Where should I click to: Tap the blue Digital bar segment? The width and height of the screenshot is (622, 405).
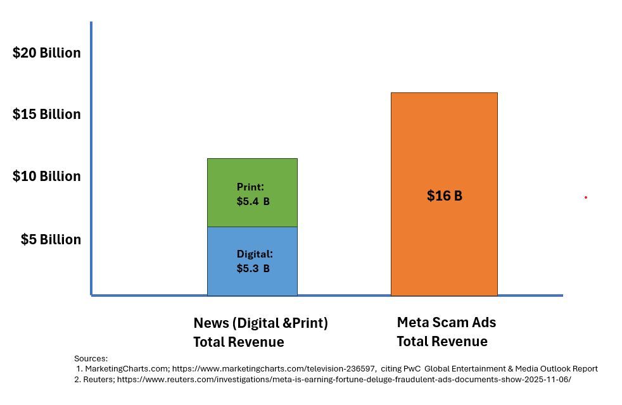(x=252, y=282)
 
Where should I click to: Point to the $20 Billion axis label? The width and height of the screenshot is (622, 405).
(x=47, y=53)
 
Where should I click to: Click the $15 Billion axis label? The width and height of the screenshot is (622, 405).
(x=47, y=114)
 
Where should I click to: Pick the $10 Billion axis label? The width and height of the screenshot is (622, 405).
(x=47, y=176)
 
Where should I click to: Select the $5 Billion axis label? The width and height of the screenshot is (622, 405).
(x=51, y=239)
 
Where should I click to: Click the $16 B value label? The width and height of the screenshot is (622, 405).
(x=445, y=196)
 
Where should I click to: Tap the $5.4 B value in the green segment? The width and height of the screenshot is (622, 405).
(x=253, y=201)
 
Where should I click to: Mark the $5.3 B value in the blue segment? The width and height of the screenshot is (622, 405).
(x=253, y=268)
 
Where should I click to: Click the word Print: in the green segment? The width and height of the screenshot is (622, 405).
(x=250, y=187)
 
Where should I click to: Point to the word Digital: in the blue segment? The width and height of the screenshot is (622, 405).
(x=255, y=254)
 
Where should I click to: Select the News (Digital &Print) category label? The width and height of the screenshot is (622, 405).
(x=260, y=323)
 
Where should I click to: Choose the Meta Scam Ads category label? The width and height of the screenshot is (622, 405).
(x=446, y=322)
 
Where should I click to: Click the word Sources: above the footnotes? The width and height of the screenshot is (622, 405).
(x=91, y=358)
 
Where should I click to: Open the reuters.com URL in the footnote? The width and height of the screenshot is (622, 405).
(x=344, y=380)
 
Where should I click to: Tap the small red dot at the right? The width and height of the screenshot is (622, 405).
(x=586, y=197)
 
